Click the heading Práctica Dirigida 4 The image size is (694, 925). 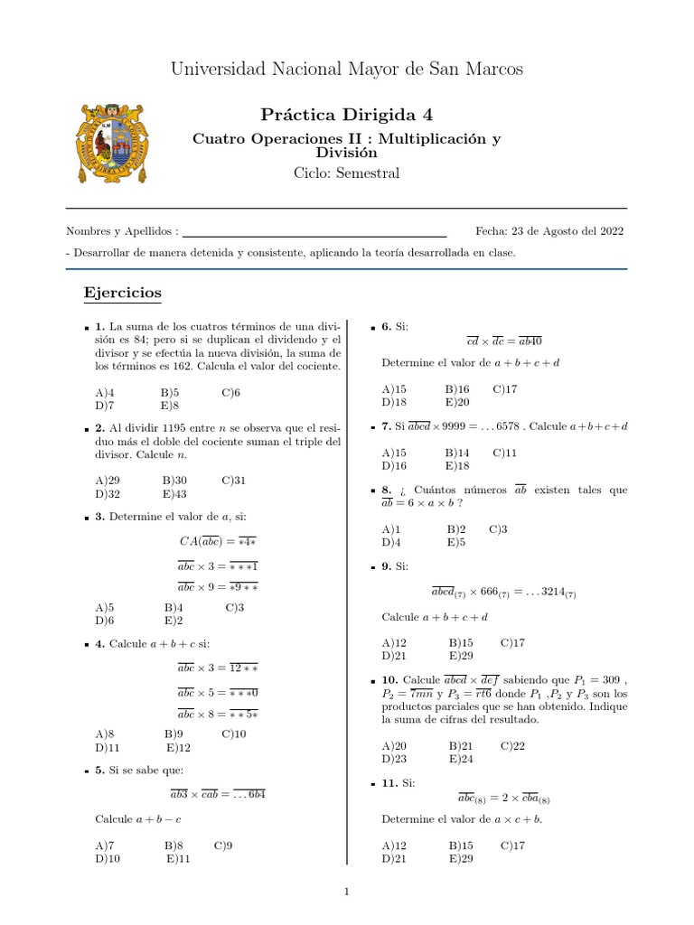click(x=346, y=114)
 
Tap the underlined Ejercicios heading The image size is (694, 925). click(x=122, y=293)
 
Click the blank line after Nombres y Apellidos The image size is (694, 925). click(x=314, y=232)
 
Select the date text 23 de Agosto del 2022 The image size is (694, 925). click(x=567, y=231)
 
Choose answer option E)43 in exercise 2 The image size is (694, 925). click(x=175, y=494)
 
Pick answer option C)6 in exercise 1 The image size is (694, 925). click(x=231, y=392)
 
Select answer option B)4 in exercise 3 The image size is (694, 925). click(x=174, y=608)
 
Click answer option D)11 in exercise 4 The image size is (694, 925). click(x=108, y=748)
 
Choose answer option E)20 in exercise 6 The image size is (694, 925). click(x=457, y=402)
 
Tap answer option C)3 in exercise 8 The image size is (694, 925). click(x=498, y=528)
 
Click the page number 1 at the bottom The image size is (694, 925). click(x=346, y=892)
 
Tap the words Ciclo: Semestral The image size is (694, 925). click(x=346, y=173)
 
